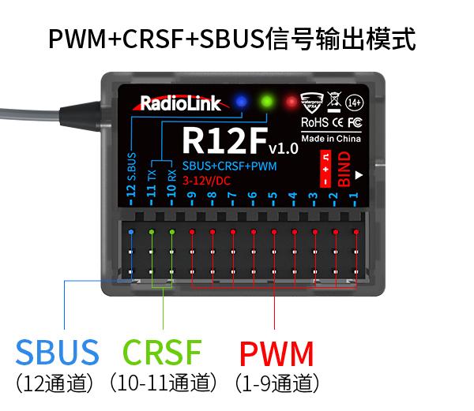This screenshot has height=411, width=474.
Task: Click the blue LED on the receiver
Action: point(240,102)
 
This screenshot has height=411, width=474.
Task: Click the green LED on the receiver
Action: point(266,102)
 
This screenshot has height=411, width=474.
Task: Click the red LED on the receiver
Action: point(292,103)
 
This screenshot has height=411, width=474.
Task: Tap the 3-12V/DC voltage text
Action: point(208,180)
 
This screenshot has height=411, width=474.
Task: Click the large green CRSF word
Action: point(163,353)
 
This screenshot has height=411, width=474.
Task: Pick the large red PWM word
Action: point(276,353)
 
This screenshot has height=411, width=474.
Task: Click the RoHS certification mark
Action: point(314,123)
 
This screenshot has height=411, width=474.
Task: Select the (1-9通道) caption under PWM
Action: point(277,384)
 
